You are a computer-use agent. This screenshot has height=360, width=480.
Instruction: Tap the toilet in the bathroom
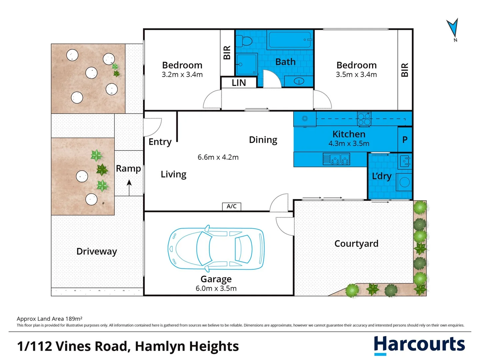(244, 41)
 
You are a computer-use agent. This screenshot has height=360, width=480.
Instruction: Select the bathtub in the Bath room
(290, 40)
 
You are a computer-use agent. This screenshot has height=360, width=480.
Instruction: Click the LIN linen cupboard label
(239, 83)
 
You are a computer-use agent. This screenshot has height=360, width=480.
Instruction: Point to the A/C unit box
(232, 206)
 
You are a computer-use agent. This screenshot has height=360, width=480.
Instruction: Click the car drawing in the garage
(216, 249)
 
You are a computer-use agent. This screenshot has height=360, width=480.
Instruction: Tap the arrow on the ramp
(129, 188)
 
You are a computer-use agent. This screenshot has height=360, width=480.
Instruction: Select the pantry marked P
(405, 140)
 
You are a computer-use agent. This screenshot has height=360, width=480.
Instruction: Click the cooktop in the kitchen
(364, 119)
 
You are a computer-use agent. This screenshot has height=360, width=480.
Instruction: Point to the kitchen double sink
(337, 159)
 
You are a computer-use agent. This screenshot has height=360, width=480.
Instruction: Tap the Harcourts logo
(419, 345)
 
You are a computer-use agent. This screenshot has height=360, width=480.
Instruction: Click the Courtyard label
(356, 243)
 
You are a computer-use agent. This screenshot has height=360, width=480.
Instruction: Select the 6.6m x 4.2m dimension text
(218, 157)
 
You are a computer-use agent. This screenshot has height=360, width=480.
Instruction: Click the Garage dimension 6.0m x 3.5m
(216, 288)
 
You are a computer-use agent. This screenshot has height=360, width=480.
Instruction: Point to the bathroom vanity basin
(299, 81)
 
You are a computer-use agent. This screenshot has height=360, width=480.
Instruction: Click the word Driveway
(97, 251)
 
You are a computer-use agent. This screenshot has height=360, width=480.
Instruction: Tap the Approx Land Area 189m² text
(50, 319)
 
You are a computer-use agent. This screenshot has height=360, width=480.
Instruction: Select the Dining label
(263, 140)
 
